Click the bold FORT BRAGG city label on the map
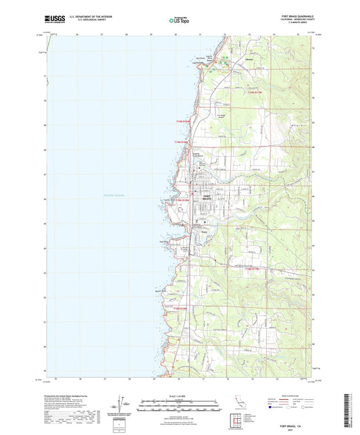208,198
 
